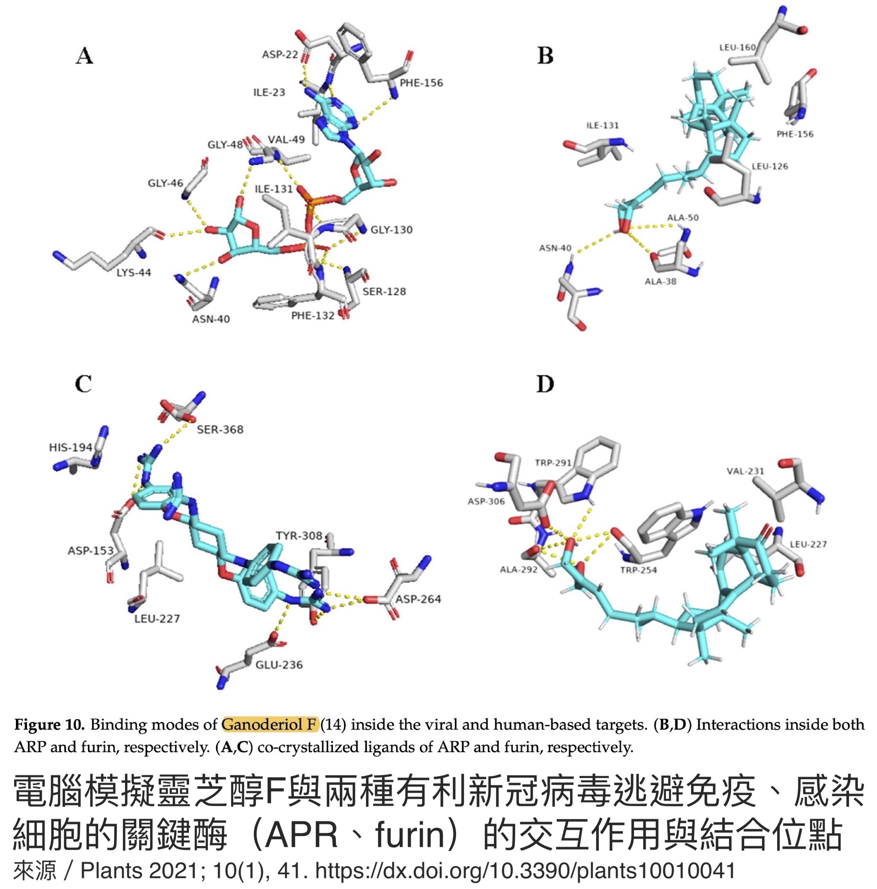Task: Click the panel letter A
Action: [85, 56]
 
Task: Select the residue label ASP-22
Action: [280, 55]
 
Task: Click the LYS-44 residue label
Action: [133, 273]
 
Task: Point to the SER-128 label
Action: [384, 292]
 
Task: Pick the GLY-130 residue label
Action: [392, 230]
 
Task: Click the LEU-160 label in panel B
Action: [738, 47]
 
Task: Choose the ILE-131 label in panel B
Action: [603, 126]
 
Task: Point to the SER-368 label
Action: [220, 430]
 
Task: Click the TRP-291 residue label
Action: [553, 463]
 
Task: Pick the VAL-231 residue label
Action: [745, 471]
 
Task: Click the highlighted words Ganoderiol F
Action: [270, 725]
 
